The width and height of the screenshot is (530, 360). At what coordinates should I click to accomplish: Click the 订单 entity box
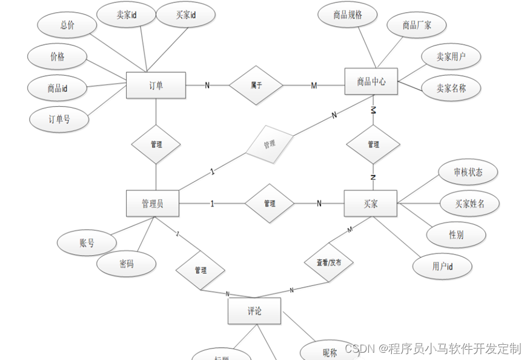(x=156, y=85)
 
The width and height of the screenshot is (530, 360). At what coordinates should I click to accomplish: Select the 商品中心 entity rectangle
(x=371, y=81)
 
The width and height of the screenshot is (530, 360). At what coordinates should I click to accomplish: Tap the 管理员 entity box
(x=152, y=204)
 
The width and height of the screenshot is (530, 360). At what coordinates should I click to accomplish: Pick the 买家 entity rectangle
(x=370, y=204)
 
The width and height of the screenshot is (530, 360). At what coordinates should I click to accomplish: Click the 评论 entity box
(x=254, y=312)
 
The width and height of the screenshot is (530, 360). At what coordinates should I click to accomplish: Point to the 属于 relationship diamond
(x=256, y=85)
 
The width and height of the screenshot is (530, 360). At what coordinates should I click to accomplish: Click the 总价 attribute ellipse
(x=67, y=25)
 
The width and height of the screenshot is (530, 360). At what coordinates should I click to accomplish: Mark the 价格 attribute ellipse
(x=58, y=57)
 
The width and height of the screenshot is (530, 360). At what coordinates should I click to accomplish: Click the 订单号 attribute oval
(x=59, y=119)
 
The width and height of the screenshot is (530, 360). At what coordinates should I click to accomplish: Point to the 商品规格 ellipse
(x=348, y=15)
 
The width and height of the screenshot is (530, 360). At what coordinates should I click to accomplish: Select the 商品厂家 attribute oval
(x=417, y=25)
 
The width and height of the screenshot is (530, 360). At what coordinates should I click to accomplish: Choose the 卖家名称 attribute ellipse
(x=451, y=88)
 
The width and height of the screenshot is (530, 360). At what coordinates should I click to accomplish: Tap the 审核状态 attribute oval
(x=468, y=172)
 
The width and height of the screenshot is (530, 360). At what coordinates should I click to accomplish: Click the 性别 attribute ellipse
(x=456, y=235)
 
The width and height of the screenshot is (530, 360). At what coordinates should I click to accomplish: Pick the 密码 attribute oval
(x=126, y=264)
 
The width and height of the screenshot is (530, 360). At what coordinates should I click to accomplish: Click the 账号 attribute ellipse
(x=87, y=243)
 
